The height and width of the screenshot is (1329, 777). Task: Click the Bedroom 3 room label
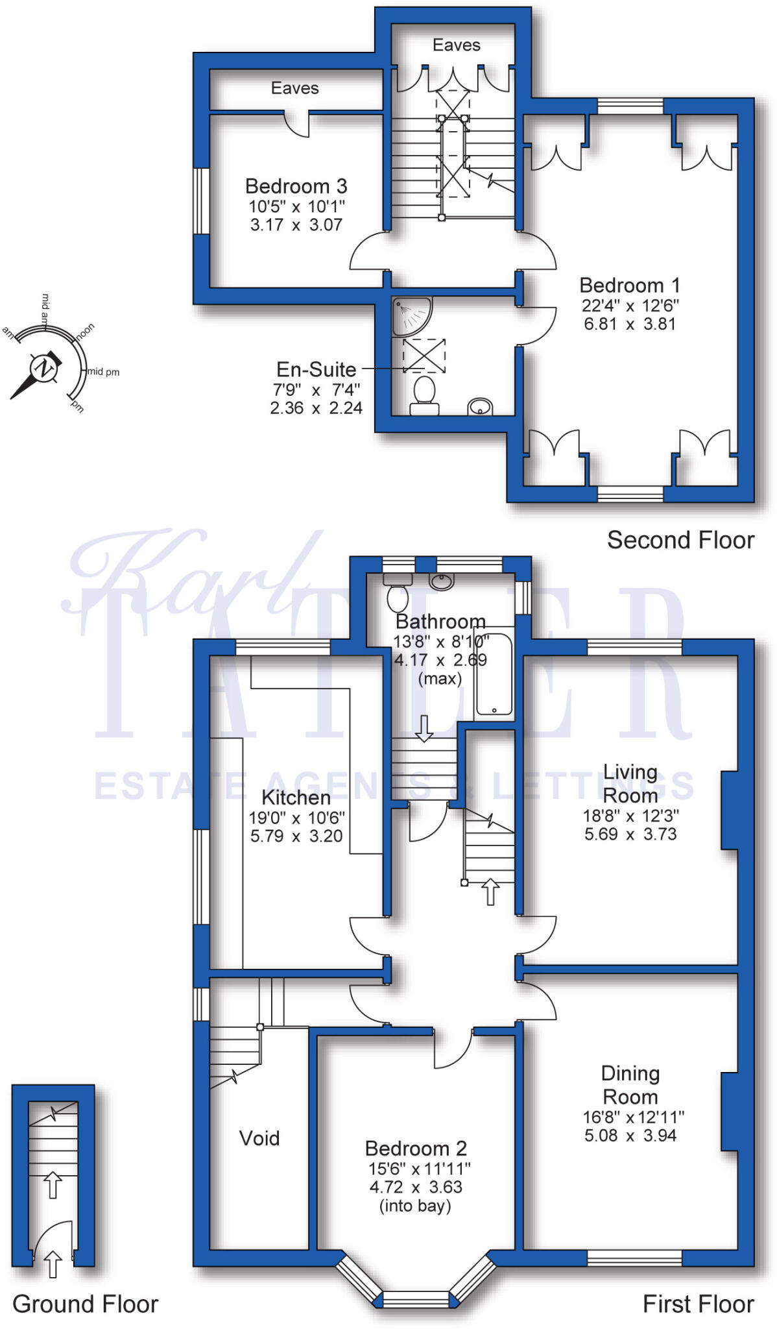point(296,186)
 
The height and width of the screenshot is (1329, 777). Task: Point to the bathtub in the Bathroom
point(494,675)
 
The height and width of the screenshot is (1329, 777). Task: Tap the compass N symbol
point(44,368)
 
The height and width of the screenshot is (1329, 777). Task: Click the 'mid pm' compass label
point(104,372)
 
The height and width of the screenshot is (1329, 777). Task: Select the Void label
point(259,1138)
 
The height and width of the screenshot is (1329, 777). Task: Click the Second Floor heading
point(680,540)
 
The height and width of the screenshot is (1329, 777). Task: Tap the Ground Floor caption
point(85,1304)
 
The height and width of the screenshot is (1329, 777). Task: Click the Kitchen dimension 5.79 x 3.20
point(296,836)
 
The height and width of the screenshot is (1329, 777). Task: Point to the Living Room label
point(630,783)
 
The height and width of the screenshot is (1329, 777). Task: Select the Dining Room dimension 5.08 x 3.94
point(630,1135)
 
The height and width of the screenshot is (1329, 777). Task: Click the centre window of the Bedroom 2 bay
point(415,1299)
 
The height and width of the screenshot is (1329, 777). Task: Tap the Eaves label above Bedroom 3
point(294,88)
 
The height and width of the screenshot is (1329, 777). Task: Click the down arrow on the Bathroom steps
point(424,728)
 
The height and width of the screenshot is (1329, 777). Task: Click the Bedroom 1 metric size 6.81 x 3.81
point(630,324)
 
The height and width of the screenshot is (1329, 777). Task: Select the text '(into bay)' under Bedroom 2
point(415,1206)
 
